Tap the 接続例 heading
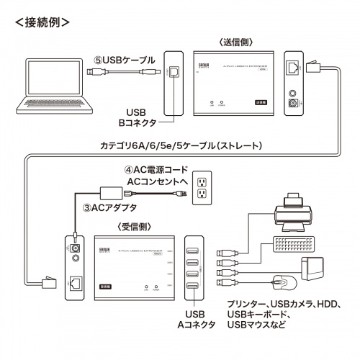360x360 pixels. point(43,22)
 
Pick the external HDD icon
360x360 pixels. point(315,269)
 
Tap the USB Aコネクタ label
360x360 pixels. point(197,320)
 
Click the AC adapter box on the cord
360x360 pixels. point(111,192)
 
